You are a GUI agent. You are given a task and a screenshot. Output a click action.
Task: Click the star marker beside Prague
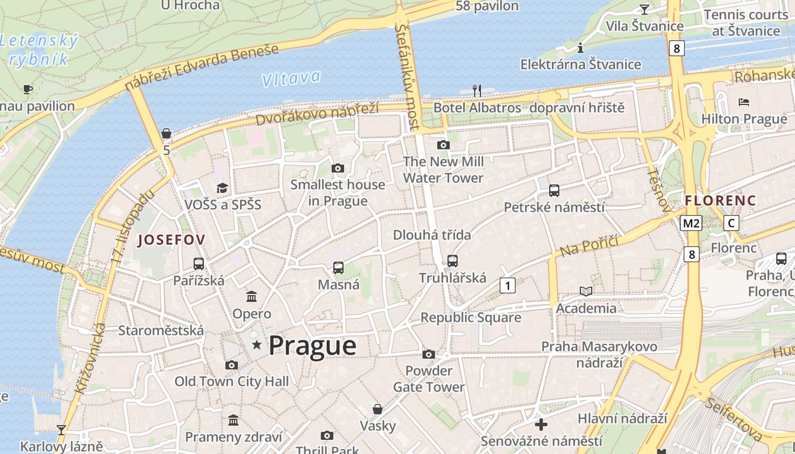[257, 344]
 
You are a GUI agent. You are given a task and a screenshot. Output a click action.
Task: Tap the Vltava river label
[291, 78]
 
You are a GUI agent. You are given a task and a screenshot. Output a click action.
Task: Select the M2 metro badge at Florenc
[691, 223]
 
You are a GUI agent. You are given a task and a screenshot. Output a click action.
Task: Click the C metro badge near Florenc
[731, 223]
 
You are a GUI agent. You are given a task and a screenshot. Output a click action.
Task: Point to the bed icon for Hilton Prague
[744, 102]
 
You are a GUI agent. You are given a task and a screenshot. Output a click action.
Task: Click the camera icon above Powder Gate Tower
[429, 355]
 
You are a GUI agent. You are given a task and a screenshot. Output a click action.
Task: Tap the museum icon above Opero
[252, 296]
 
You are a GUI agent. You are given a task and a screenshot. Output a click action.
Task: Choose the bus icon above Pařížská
[198, 263]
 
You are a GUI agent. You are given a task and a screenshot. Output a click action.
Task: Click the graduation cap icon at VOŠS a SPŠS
[222, 188]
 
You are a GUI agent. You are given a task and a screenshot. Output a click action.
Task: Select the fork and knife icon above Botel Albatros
[477, 90]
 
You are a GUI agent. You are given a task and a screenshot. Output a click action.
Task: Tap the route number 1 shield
[507, 285]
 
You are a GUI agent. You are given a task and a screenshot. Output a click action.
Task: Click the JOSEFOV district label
[171, 239]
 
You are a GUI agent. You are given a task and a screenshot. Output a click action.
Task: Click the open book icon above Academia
[585, 291]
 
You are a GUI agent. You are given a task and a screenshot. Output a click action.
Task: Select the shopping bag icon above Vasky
[377, 409]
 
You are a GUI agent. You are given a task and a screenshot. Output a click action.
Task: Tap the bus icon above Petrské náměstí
[554, 191]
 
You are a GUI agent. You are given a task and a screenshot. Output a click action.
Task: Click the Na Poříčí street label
[589, 245]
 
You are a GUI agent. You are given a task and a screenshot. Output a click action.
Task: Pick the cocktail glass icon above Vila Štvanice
[644, 9]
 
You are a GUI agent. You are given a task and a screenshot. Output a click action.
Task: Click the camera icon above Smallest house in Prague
[338, 168]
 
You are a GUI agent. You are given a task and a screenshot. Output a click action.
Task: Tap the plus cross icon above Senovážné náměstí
[541, 424]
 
